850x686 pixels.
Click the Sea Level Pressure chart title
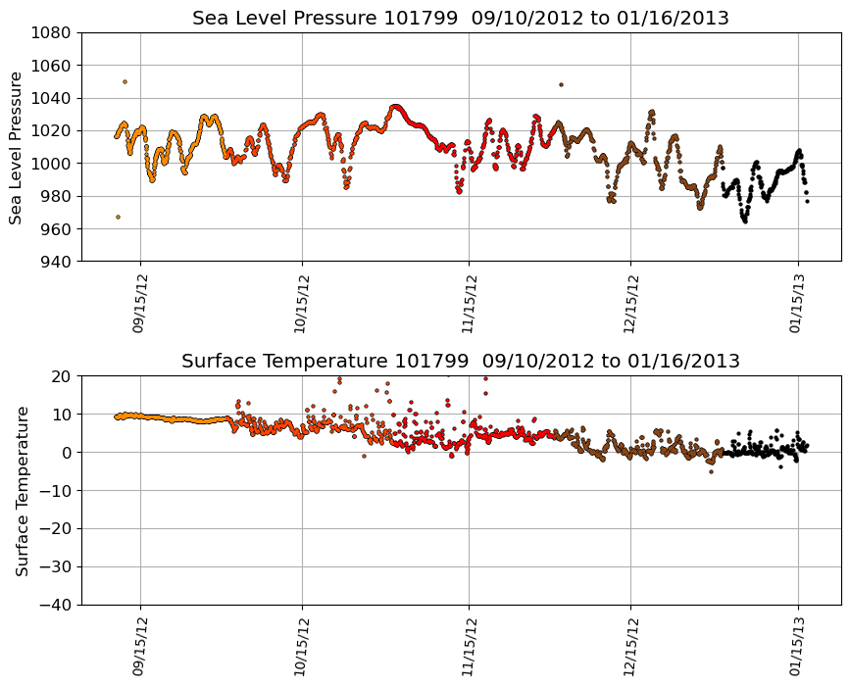(x=460, y=19)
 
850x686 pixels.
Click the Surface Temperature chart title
(x=460, y=362)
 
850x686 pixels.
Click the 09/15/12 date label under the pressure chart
(x=139, y=304)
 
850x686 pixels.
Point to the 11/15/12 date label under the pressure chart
(x=469, y=304)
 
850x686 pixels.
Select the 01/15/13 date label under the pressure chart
(x=798, y=304)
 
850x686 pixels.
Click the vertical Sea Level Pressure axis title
(x=17, y=147)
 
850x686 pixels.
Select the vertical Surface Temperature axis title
(x=22, y=490)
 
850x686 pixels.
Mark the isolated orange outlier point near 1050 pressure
(x=125, y=81)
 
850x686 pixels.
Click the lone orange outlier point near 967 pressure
(x=118, y=217)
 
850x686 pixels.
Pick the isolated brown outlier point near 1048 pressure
(x=561, y=84)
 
